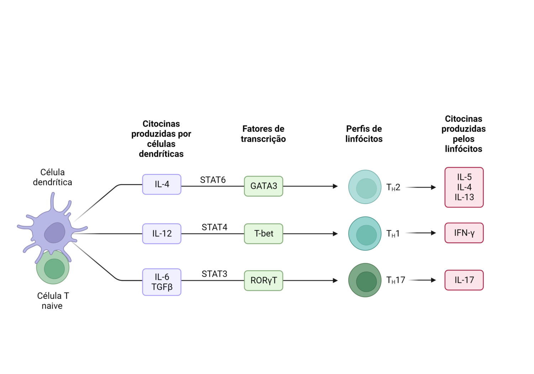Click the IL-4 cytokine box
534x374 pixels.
[162, 185]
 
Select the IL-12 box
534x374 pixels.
[162, 234]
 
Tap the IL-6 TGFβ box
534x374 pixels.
[162, 282]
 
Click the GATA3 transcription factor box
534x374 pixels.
[263, 186]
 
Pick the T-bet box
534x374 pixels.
[263, 234]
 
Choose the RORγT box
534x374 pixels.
[263, 281]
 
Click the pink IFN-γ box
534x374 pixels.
[464, 233]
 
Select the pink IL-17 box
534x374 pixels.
[464, 280]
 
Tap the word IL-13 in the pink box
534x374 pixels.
[464, 197]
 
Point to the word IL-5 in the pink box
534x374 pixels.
[464, 177]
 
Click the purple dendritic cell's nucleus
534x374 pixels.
[54, 233]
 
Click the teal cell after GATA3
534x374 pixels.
[365, 187]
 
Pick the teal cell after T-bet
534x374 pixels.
[365, 234]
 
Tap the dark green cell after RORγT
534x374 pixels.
[365, 280]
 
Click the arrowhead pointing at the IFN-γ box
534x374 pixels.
[434, 233]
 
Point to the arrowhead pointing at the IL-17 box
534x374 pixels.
[434, 280]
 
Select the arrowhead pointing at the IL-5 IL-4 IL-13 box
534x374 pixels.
[434, 187]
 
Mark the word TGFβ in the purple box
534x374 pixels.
[162, 287]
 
